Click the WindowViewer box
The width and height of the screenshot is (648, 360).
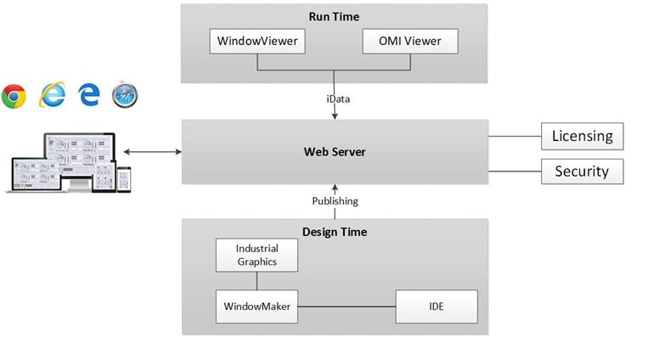pos(256,41)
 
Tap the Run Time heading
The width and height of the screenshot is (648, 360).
pos(335,16)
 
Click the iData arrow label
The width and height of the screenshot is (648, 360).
pos(337,98)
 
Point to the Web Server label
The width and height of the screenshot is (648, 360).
pos(335,153)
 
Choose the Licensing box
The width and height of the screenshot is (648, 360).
pos(583,136)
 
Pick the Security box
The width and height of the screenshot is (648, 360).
pos(583,172)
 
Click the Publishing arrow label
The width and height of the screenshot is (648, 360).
pos(335,201)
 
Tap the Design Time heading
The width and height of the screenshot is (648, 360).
pos(335,231)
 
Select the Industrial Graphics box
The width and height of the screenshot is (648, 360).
pos(256,255)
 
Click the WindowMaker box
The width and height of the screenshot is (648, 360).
pos(256,306)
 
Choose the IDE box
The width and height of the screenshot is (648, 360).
pos(437,306)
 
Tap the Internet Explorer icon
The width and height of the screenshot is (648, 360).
pos(52,96)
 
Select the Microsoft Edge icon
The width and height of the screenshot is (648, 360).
pos(89,96)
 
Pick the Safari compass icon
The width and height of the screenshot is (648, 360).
pos(125,96)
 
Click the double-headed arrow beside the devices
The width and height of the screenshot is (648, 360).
pos(152,153)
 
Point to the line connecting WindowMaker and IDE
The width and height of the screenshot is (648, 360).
pos(348,306)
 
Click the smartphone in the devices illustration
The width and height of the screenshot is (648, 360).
pos(124,178)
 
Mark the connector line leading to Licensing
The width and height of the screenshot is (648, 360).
pos(515,136)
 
